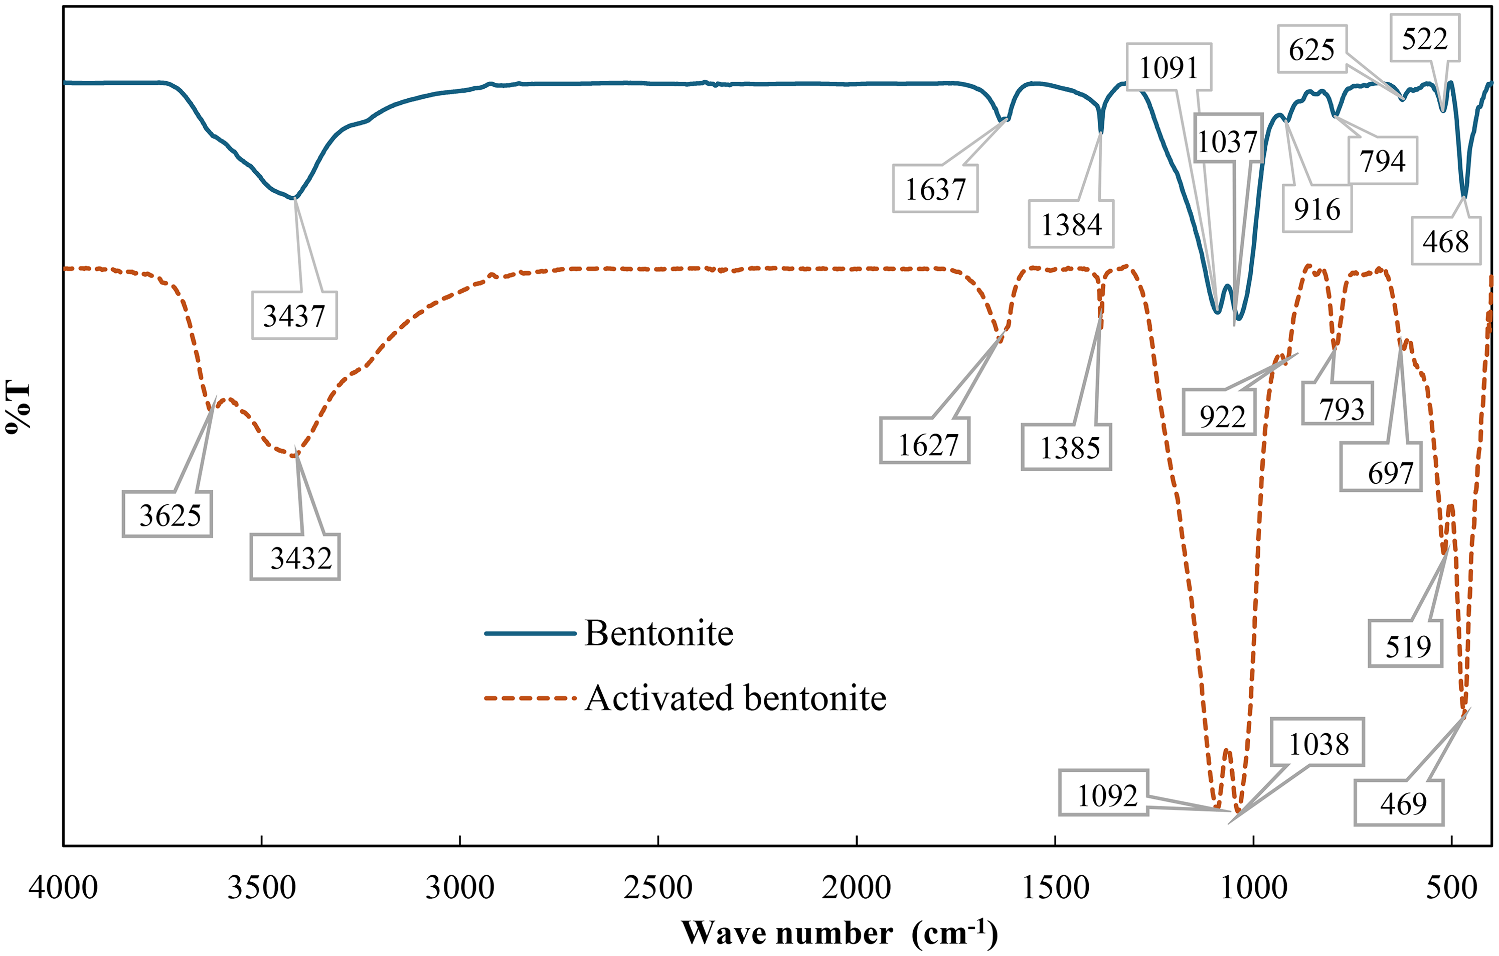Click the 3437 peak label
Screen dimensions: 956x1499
point(294,316)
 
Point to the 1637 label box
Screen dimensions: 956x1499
point(935,189)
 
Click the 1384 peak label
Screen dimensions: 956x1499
point(1071,224)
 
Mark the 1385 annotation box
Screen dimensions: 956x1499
point(1066,447)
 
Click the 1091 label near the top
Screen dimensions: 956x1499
point(1169,67)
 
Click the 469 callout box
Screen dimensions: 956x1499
point(1399,803)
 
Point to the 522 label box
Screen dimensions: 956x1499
point(1425,39)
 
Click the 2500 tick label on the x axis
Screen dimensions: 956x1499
point(658,887)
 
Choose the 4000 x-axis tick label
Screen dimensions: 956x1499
point(63,887)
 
